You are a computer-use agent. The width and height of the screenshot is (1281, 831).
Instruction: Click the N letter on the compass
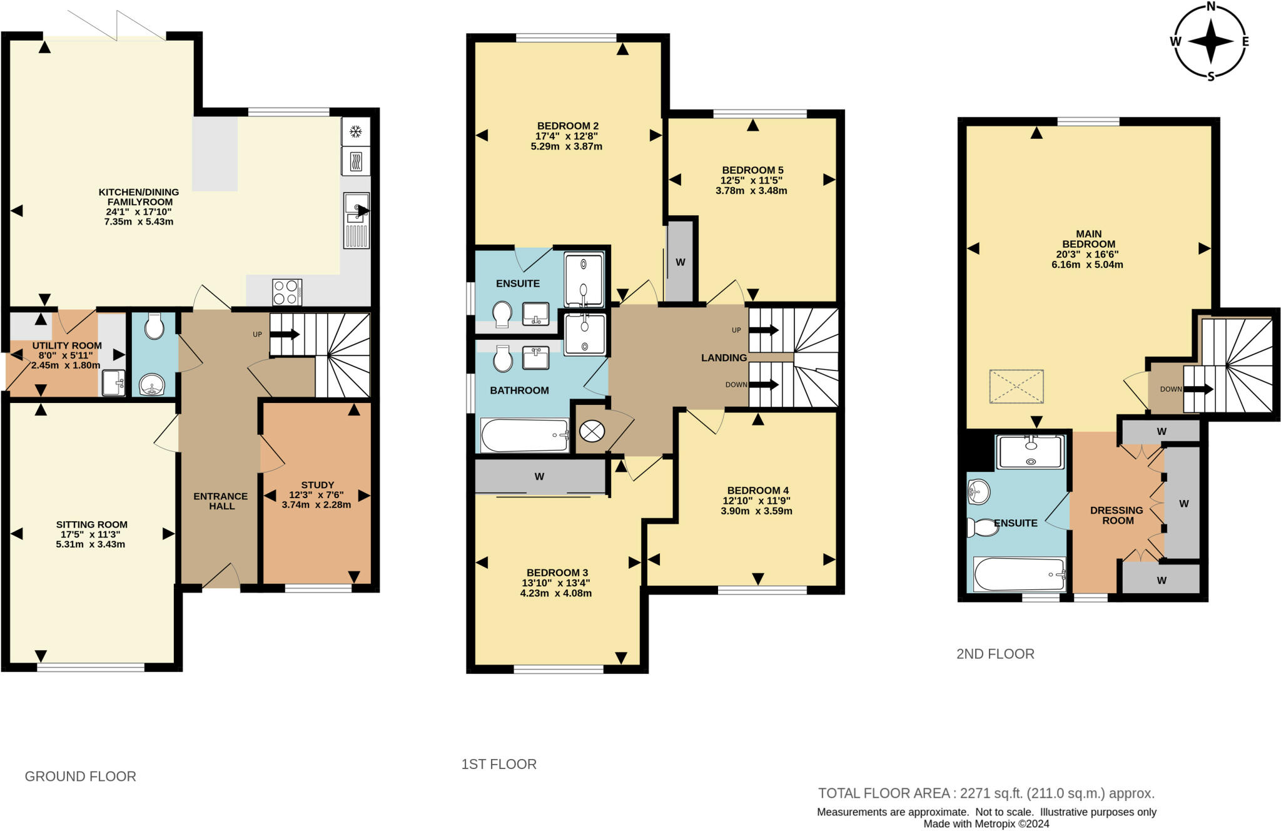[1210, 7]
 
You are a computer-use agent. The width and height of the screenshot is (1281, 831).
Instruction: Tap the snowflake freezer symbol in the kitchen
[356, 131]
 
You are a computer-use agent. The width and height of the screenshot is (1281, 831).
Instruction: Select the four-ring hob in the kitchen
[287, 292]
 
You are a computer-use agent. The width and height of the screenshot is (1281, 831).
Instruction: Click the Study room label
[317, 485]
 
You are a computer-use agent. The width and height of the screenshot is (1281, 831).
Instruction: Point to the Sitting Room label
[91, 524]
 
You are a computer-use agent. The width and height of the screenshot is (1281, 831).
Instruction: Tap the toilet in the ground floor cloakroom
[153, 325]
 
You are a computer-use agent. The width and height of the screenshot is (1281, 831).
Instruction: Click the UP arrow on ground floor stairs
[285, 335]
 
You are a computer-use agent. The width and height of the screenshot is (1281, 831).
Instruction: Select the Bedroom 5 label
[752, 170]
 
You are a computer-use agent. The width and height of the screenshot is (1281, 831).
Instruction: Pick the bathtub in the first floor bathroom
[525, 435]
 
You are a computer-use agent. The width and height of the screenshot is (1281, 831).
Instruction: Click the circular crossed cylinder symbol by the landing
[592, 431]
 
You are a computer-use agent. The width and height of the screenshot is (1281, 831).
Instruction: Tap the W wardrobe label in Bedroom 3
[539, 477]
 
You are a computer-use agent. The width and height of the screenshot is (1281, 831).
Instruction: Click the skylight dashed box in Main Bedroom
[1016, 387]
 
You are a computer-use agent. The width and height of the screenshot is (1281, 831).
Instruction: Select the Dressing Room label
[1116, 515]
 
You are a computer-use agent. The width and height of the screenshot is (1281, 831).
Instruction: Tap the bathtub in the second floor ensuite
[1019, 574]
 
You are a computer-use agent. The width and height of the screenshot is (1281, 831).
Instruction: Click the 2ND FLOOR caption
[995, 654]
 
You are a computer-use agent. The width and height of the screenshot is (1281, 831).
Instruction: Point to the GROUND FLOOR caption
[81, 777]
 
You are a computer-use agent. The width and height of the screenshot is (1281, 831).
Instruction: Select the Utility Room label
[67, 345]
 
